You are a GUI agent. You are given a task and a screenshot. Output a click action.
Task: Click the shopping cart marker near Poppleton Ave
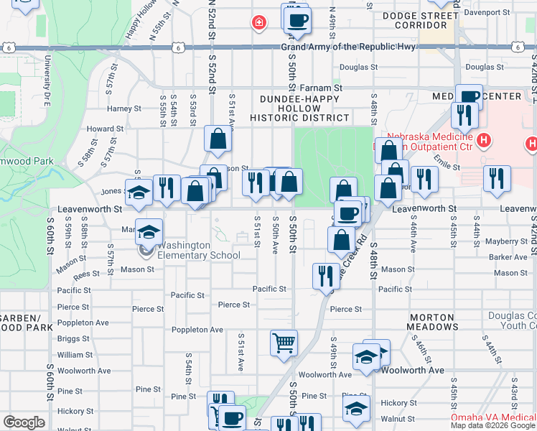click(284, 343)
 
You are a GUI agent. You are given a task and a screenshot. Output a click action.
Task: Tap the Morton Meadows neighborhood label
click(434, 322)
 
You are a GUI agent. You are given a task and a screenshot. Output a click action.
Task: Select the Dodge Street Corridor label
click(420, 19)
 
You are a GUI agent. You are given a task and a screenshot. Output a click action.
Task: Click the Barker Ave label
click(509, 256)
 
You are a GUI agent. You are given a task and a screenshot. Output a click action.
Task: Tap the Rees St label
click(86, 274)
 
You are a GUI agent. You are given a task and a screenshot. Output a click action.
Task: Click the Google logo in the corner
click(24, 422)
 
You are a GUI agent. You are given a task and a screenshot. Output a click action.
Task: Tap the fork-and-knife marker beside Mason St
click(326, 275)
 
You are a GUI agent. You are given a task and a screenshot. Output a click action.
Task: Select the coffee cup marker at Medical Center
click(470, 96)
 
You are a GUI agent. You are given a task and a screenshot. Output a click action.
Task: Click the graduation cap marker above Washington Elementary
click(149, 232)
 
